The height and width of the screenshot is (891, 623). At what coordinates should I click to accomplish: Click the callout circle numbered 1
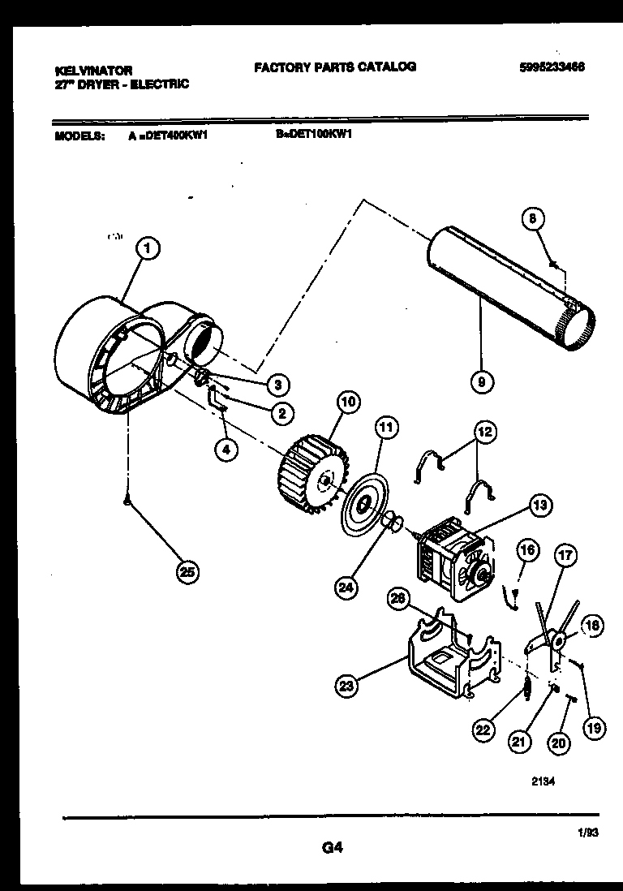click(147, 249)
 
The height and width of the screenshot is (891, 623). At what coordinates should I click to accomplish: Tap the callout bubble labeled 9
click(482, 381)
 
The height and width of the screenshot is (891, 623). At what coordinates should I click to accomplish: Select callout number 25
click(188, 573)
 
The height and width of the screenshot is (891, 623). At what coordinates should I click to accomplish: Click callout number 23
click(347, 687)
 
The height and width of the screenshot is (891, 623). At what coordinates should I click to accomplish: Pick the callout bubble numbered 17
click(565, 557)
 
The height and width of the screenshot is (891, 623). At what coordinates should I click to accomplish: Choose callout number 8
click(532, 218)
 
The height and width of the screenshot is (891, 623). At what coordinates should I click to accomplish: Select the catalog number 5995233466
click(551, 67)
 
